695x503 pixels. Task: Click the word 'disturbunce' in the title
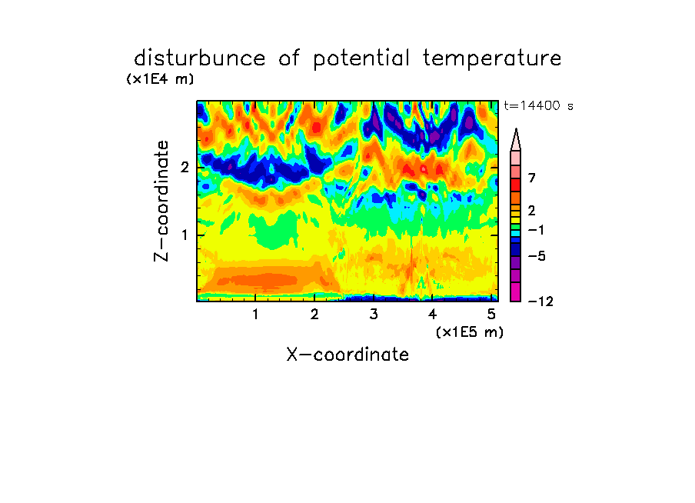(199, 58)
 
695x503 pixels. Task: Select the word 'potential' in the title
(361, 59)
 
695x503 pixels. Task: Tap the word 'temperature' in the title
(492, 59)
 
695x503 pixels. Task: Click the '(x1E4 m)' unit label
(160, 79)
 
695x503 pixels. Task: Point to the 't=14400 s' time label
(538, 105)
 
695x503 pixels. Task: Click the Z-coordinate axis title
(161, 201)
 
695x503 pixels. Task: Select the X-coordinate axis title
(347, 355)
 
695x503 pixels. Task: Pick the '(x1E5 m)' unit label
(470, 332)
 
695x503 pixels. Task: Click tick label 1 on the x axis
(255, 315)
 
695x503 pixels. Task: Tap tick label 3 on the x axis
(374, 315)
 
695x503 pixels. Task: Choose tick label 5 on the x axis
(491, 315)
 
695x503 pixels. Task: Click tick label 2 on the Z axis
(185, 168)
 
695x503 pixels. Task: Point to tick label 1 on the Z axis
(185, 235)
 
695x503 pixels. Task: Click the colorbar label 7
(532, 178)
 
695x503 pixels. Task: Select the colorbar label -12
(540, 301)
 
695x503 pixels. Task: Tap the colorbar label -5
(537, 256)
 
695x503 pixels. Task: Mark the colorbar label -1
(537, 230)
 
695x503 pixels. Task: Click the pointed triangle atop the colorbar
(516, 139)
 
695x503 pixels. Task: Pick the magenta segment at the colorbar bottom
(516, 292)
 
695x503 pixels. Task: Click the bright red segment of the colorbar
(516, 185)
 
